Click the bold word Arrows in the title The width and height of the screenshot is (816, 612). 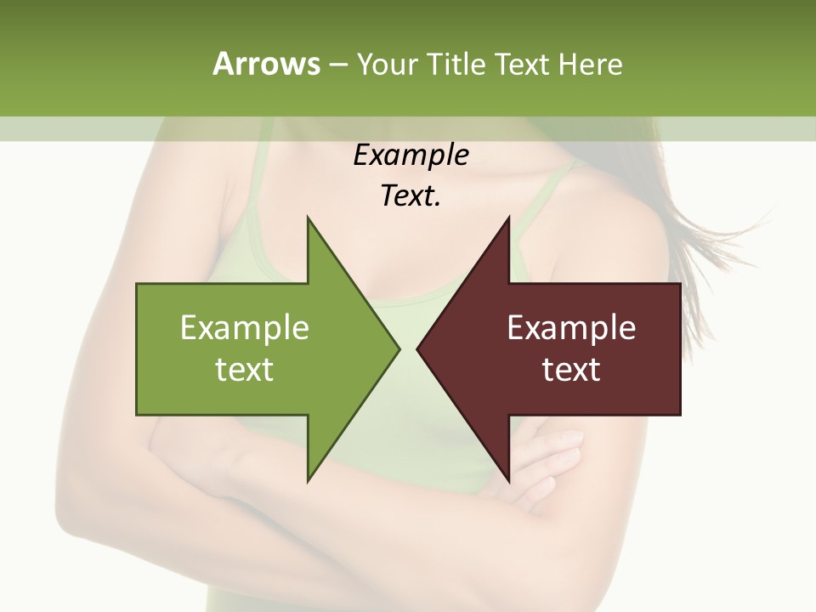pyautogui.click(x=264, y=64)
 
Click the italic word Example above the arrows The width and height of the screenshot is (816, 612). pyautogui.click(x=411, y=156)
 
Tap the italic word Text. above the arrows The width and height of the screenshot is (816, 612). pyautogui.click(x=411, y=196)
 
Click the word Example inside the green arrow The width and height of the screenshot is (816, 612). pyautogui.click(x=245, y=327)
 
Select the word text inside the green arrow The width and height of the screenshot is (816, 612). pyautogui.click(x=245, y=369)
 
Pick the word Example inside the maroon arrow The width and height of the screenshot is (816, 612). pyautogui.click(x=571, y=327)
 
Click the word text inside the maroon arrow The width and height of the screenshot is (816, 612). pyautogui.click(x=571, y=369)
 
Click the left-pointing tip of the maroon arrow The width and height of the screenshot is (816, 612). pyautogui.click(x=417, y=348)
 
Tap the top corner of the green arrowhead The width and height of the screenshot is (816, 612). pyautogui.click(x=308, y=218)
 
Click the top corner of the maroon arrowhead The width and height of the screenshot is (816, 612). pyautogui.click(x=508, y=218)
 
